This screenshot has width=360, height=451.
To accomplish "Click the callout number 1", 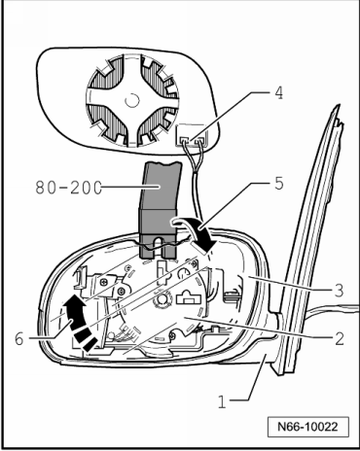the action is point(222,402).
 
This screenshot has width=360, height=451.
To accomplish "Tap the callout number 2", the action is point(339,339).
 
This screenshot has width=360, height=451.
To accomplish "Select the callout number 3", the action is point(339,291).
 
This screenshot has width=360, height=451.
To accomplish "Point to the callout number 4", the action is point(278,92).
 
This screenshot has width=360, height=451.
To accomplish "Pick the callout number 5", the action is point(278,184).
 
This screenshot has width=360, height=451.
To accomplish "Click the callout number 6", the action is point(19,339).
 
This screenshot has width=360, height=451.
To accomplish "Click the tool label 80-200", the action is point(69,188).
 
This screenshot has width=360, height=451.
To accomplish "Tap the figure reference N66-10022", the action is point(307,427).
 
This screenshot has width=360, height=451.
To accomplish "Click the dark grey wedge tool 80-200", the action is point(160,211).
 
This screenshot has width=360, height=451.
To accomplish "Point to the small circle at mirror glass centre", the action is point(132,100).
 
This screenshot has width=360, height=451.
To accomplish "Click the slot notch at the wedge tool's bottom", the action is point(160,247).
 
